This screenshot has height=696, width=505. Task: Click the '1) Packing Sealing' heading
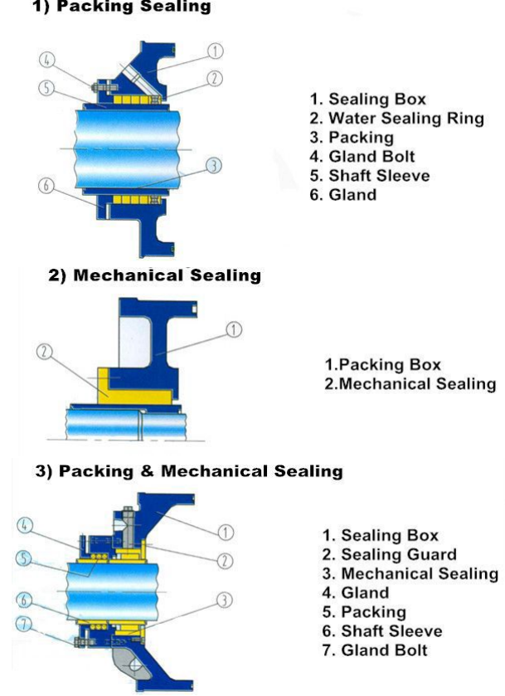click(121, 6)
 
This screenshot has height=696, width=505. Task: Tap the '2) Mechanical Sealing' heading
click(154, 275)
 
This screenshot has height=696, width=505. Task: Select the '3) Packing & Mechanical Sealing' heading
click(189, 470)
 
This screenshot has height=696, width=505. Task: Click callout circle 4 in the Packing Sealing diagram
click(47, 60)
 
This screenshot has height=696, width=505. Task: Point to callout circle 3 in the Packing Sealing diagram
click(214, 166)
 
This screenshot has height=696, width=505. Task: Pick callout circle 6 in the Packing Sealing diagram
click(46, 185)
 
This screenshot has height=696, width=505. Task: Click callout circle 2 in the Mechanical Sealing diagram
click(44, 352)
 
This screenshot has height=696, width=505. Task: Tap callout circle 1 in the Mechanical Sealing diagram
click(234, 330)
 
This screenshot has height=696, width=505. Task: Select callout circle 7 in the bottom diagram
click(24, 625)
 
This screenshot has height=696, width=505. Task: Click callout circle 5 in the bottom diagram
click(24, 558)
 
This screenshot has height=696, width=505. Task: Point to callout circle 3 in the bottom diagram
click(224, 600)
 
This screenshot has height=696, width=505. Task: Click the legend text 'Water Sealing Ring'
click(406, 119)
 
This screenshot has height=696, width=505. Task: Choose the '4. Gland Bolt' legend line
click(362, 156)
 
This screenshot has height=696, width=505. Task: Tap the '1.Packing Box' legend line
click(382, 364)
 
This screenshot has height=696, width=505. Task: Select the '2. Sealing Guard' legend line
click(389, 554)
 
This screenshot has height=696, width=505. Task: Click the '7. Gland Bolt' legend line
click(375, 650)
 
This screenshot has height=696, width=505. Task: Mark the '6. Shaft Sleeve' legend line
click(382, 630)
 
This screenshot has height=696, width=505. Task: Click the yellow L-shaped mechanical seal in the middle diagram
click(134, 395)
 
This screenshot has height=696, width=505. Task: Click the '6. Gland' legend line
click(343, 194)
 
